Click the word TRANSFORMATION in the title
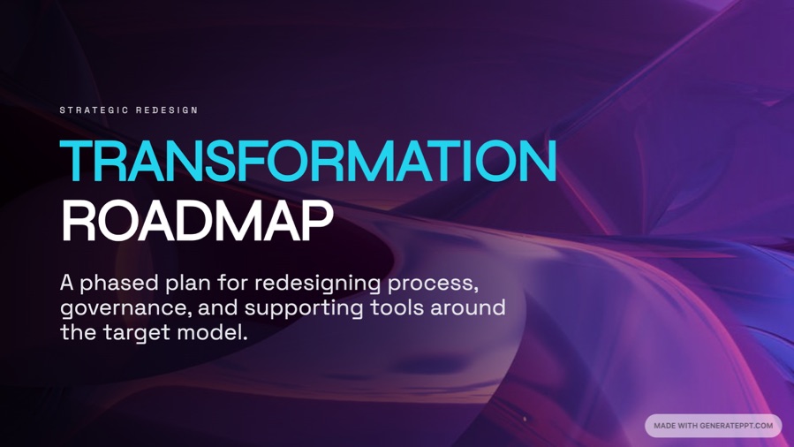point(308,163)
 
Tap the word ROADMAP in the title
point(197,222)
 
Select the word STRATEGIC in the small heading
point(92,110)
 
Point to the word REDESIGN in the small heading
point(167,110)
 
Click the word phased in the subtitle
point(120,284)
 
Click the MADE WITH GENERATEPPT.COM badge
point(713,426)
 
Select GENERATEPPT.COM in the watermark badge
point(736,426)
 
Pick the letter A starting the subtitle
point(67,284)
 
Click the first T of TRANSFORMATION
point(77,163)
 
